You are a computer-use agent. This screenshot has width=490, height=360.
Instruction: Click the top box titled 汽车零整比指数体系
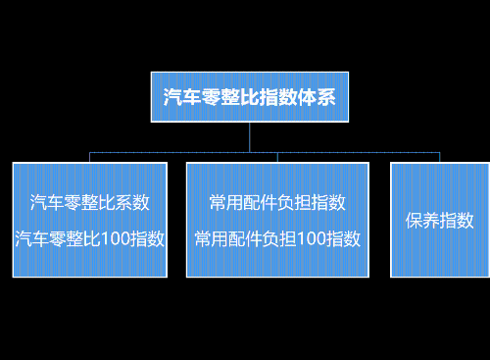click(249, 96)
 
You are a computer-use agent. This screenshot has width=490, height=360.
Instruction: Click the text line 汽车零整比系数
click(89, 203)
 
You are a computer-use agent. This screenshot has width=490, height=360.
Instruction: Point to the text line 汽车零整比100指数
click(89, 238)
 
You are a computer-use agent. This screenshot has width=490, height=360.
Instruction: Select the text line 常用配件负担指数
click(277, 203)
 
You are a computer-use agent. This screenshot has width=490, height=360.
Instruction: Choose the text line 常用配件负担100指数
click(277, 238)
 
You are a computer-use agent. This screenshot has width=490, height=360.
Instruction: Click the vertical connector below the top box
click(250, 136)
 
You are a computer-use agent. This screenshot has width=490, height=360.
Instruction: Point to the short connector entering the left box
click(90, 158)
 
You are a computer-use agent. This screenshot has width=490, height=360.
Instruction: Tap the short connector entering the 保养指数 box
click(439, 158)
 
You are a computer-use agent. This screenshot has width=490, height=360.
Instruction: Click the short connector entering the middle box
click(277, 158)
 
